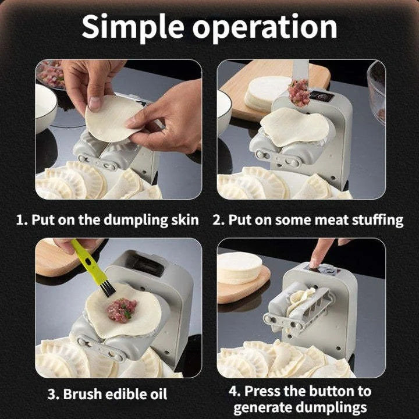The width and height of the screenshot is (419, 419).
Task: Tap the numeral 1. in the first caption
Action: click(22, 220)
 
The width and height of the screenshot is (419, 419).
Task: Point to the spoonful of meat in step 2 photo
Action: click(299, 93)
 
